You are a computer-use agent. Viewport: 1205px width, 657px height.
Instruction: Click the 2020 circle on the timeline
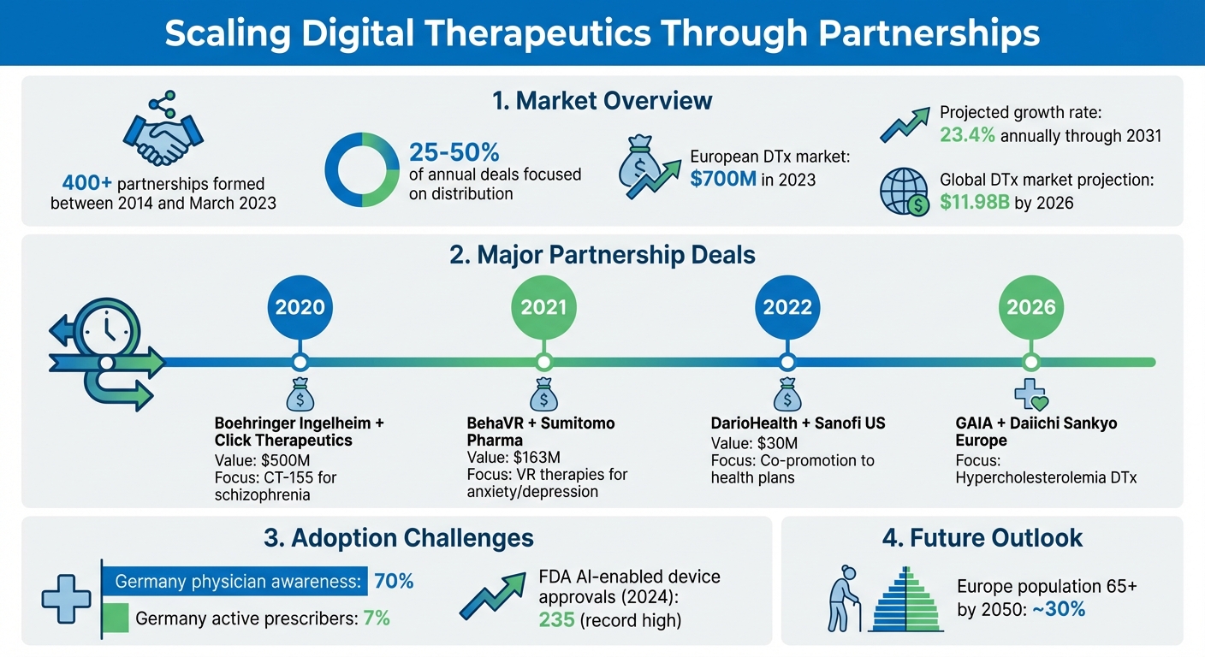pos(300,307)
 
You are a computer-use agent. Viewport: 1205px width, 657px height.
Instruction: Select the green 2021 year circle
pos(543,307)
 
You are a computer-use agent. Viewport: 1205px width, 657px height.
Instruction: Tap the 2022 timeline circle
pos(787,307)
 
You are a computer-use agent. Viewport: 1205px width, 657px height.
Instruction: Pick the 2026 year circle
pos(1030,307)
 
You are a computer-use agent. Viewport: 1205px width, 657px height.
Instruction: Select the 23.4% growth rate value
pos(968,135)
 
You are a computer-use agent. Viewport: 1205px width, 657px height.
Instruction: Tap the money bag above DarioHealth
pos(786,396)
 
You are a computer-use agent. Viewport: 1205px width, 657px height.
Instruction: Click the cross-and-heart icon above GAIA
pos(1030,394)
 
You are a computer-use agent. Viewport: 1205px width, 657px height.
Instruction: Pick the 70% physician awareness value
pos(394,582)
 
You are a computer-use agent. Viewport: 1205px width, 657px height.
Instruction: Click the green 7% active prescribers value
pos(377,618)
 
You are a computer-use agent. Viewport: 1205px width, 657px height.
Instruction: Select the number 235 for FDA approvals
pos(557,620)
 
